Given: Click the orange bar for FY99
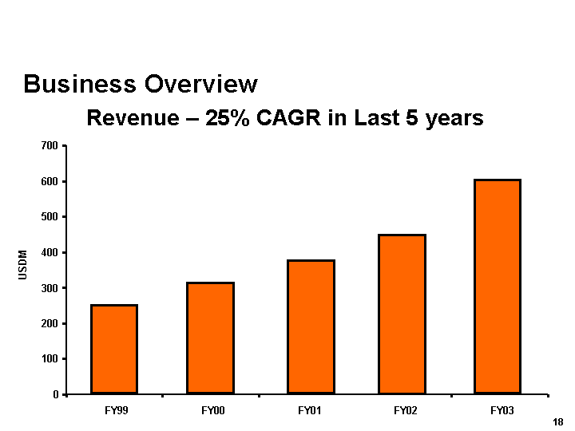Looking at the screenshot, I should (x=114, y=349).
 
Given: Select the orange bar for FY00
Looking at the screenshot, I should (x=210, y=338).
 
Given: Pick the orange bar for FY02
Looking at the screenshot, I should (x=402, y=314).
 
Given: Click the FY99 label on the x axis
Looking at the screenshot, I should (x=116, y=411).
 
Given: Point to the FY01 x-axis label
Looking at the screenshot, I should (x=309, y=411).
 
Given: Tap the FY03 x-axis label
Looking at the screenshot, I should (x=502, y=411).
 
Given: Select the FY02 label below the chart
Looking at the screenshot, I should (x=405, y=411).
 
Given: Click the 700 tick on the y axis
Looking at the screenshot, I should (x=50, y=146).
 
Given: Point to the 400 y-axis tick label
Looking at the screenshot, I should (x=50, y=253).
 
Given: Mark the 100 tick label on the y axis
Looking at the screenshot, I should (x=50, y=359).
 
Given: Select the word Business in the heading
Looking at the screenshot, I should (x=71, y=84).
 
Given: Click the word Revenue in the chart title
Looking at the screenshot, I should (x=131, y=118).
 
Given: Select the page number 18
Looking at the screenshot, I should (x=557, y=421).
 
